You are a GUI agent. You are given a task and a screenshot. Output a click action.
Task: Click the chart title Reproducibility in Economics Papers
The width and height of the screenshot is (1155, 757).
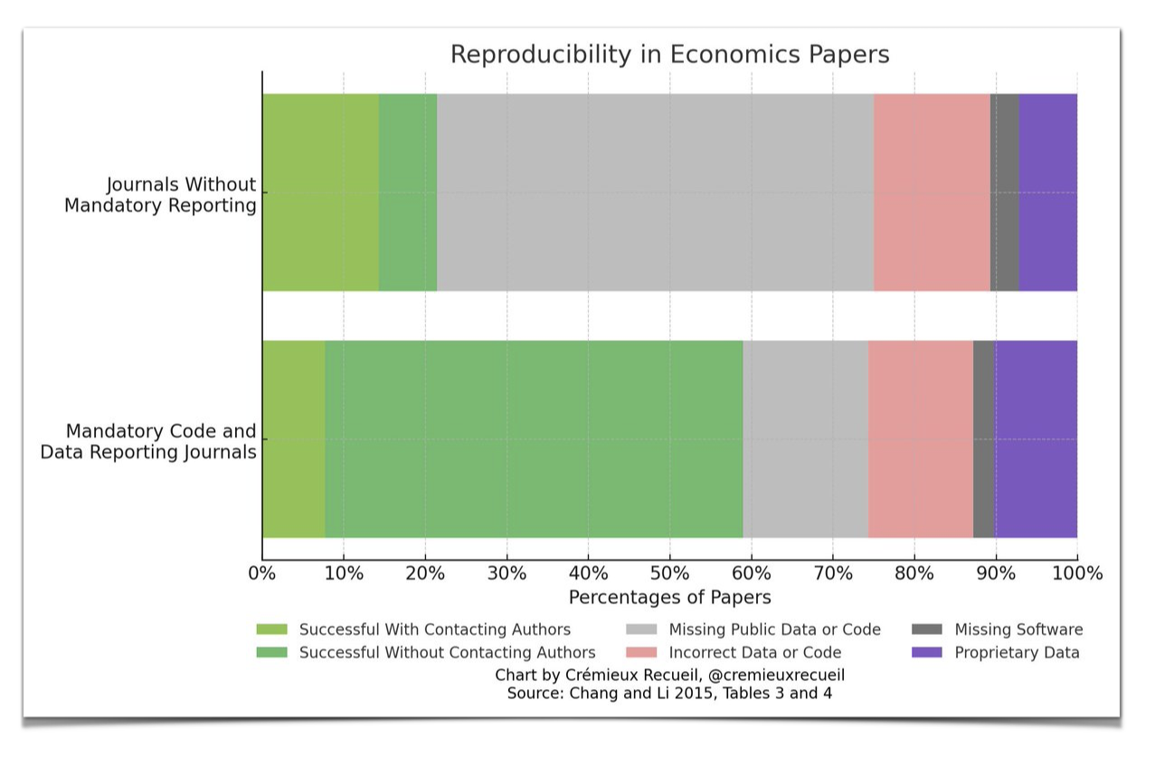(x=669, y=54)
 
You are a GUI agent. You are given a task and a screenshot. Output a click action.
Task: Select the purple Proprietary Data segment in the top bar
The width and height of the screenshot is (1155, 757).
(x=1047, y=192)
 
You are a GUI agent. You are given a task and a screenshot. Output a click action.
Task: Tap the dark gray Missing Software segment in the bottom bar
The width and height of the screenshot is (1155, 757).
(x=984, y=439)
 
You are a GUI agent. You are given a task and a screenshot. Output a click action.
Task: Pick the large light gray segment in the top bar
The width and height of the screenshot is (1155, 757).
(x=655, y=192)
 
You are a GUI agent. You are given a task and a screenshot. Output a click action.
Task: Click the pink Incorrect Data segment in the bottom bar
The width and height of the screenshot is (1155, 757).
(x=920, y=439)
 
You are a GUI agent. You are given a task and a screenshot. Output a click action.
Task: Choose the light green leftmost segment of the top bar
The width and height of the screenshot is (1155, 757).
(x=320, y=192)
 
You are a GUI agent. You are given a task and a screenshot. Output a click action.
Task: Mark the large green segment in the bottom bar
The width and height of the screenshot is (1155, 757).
(x=534, y=439)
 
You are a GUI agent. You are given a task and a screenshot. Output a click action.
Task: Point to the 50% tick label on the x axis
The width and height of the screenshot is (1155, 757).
(x=669, y=573)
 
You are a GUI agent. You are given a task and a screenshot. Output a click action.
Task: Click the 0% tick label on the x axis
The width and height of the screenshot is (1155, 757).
(x=262, y=573)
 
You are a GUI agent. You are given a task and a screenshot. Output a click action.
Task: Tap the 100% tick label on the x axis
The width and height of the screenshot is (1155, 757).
(x=1076, y=573)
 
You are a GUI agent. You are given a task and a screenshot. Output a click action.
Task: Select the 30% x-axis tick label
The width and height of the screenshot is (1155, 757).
(x=506, y=573)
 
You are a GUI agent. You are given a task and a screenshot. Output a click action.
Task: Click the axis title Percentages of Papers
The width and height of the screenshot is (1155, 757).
(x=669, y=598)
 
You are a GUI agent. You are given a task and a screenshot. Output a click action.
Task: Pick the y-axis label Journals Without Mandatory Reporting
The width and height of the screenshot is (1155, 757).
(x=160, y=194)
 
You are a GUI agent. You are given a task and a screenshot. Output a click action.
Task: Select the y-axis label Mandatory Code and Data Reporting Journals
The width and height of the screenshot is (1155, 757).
(x=149, y=441)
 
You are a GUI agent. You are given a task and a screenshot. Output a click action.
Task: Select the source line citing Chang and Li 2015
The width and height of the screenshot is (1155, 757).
(x=669, y=694)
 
